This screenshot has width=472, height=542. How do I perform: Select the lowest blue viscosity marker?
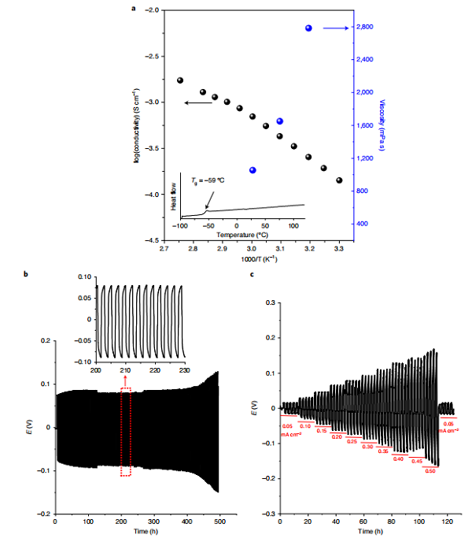[x=253, y=170]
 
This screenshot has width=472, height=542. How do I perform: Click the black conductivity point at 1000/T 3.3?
[x=339, y=180]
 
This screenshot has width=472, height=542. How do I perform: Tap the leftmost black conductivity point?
[x=180, y=80]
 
